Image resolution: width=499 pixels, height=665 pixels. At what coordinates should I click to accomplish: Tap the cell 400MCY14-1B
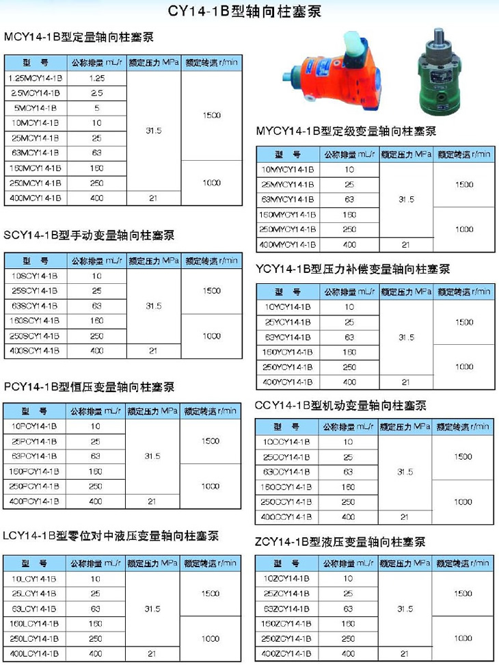35,198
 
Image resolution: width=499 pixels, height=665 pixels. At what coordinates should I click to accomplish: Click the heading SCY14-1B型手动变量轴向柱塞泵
89,235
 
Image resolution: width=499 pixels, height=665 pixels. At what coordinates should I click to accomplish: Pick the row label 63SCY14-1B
35,306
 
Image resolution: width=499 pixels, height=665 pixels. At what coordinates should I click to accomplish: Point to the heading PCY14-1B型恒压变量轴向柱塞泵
89,387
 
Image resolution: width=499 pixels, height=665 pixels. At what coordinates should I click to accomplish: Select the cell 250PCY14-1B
35,486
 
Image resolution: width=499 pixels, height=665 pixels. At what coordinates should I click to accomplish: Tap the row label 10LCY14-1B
35,578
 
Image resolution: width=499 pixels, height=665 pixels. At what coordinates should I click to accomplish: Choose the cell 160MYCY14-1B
288,214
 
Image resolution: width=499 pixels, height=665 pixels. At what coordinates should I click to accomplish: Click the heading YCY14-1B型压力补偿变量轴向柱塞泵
353,269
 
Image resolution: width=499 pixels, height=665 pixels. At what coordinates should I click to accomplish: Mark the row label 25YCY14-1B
288,322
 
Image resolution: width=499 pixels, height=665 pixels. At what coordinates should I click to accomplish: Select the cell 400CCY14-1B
288,517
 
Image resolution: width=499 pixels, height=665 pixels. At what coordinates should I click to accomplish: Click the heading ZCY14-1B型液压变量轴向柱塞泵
340,542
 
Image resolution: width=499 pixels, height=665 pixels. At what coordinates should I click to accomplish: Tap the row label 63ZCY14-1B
288,608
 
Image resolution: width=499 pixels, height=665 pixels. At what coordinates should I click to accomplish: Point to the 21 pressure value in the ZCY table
405,653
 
